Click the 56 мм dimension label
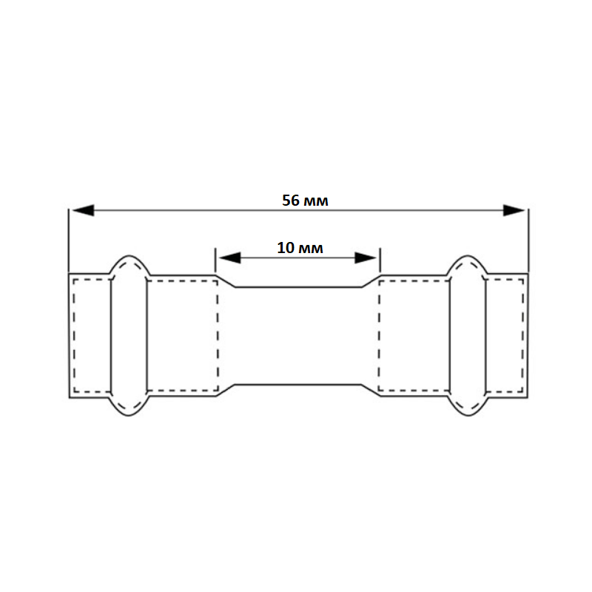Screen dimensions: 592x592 pos(305,201)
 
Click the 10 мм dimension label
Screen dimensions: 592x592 pos(300,248)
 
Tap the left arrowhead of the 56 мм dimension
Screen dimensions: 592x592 pos(83,210)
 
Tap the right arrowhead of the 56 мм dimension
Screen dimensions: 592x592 pos(514,210)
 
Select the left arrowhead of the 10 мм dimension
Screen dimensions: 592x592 pos(229,258)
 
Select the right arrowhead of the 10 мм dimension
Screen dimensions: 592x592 pos(366,258)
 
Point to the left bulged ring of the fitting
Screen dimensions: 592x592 pos(129,336)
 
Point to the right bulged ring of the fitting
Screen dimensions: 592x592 pos(468,336)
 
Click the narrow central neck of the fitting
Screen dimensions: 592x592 pos(298,336)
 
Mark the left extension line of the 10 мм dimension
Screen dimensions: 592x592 pos(215,260)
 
